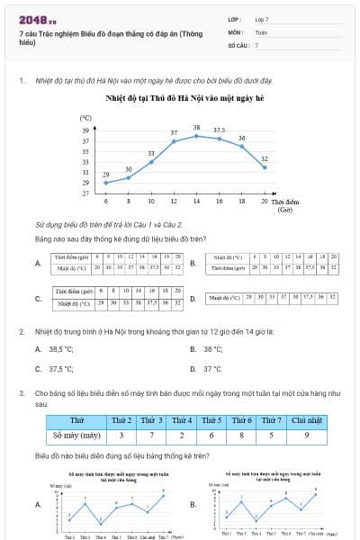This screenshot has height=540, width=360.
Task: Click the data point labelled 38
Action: (196, 136)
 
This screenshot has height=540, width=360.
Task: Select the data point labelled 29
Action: (106, 183)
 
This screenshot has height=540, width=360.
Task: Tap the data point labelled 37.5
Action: (219, 138)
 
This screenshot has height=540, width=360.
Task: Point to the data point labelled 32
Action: (264, 167)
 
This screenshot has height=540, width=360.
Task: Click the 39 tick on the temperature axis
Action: (85, 130)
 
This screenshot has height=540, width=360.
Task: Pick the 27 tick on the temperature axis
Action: (85, 193)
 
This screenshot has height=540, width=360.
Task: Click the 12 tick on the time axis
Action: (150, 202)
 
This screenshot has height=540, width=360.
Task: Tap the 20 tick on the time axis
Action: (264, 202)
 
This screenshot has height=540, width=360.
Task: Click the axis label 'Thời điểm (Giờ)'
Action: (285, 205)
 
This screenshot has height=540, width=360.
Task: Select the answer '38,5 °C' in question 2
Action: (61, 349)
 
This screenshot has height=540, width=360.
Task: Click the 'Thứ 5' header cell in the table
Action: (211, 420)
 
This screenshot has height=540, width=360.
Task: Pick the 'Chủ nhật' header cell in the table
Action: (306, 420)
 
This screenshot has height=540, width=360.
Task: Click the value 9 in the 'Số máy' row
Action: (306, 436)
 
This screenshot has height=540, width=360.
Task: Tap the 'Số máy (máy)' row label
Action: (76, 436)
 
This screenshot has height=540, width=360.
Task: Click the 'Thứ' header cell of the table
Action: (76, 420)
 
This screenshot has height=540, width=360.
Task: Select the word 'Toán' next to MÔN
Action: (261, 31)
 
